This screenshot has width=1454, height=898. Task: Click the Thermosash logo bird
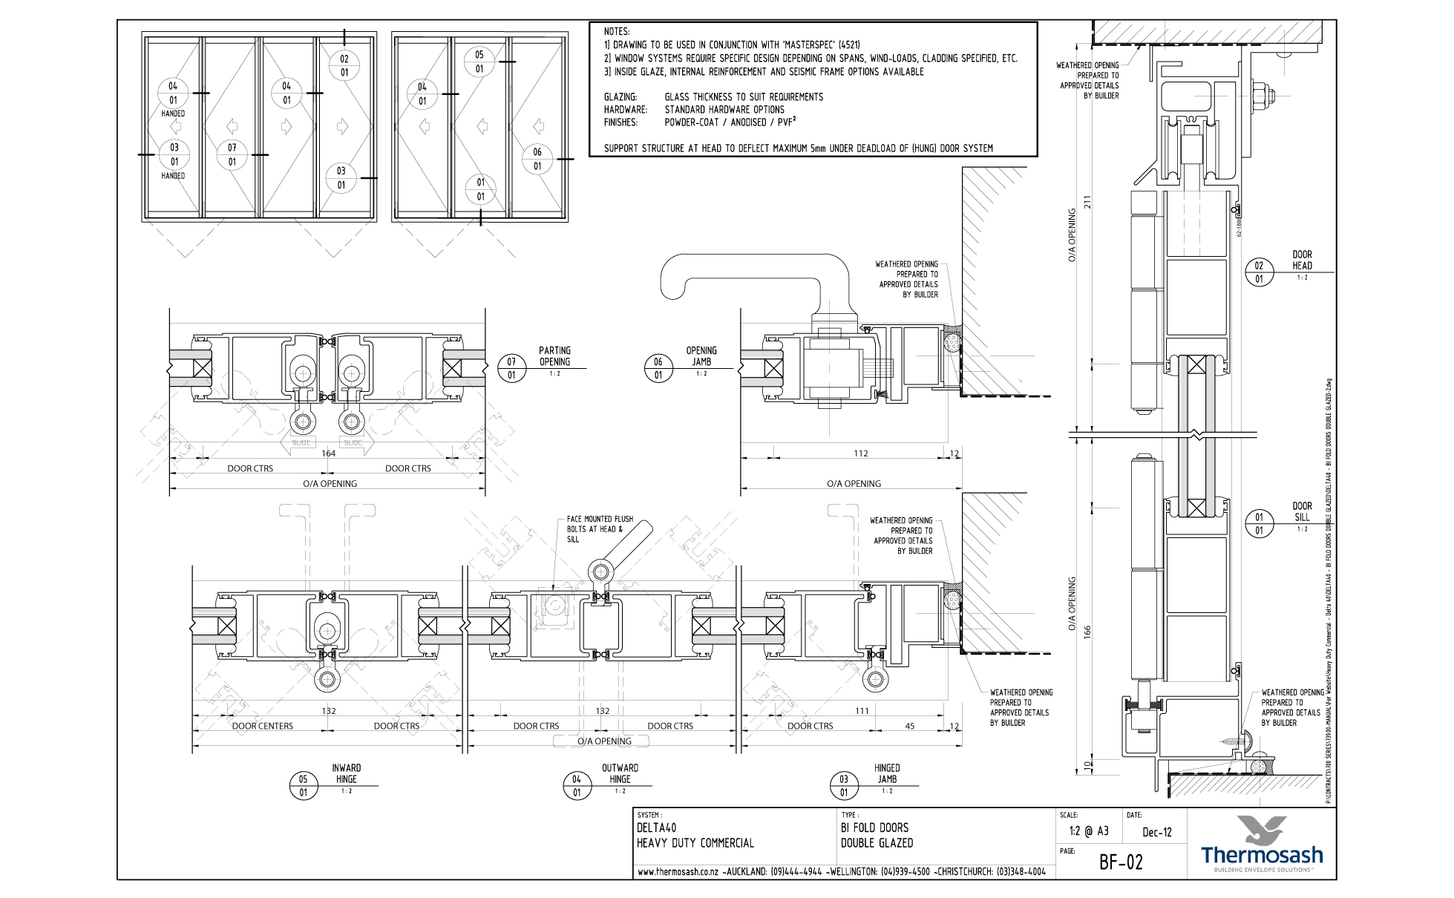pos(1261,830)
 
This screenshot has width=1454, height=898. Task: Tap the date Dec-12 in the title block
pos(1157,833)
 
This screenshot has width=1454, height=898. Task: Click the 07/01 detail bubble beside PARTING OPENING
pos(511,368)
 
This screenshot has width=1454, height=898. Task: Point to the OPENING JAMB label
pos(701,355)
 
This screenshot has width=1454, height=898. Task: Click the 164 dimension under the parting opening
pos(328,453)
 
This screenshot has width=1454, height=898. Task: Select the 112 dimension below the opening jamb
pos(860,453)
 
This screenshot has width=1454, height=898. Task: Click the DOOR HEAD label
pos(1302,260)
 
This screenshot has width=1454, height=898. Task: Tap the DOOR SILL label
pos(1302,511)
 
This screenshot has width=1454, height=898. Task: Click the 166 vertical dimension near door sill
pos(1089,632)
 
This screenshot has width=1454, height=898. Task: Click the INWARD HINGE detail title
pos(346,773)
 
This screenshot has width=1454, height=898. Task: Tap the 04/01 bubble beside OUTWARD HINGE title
pos(577,786)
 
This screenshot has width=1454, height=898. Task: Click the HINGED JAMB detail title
pos(887,773)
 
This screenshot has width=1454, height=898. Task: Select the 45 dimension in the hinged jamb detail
pos(910,726)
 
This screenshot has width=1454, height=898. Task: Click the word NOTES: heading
pos(617,32)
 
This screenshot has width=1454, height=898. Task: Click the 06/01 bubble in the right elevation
pos(537,159)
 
